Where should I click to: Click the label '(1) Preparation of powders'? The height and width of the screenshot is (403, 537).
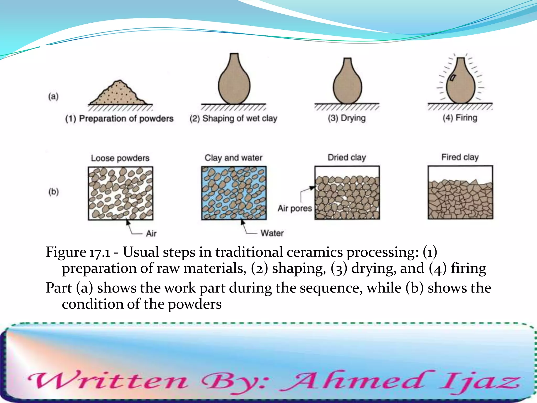point(119,119)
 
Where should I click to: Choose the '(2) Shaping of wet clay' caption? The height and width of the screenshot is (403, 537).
point(233,119)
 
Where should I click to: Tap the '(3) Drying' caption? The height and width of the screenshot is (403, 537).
point(347,118)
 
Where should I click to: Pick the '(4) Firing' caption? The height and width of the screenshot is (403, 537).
point(460,118)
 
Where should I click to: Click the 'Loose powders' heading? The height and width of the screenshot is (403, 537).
point(120,158)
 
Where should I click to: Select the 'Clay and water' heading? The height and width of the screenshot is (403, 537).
point(233,158)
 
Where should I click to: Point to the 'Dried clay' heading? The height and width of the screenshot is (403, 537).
point(347,157)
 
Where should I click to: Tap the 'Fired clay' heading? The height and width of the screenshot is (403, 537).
point(460,157)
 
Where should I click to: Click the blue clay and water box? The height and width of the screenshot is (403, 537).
point(234,193)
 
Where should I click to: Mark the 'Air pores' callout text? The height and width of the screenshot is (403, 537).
point(295,208)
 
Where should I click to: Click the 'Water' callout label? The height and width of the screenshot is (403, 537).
point(272,233)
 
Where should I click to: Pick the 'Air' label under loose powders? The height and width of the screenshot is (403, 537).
point(151,234)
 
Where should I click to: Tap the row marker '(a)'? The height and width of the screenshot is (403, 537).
point(53,97)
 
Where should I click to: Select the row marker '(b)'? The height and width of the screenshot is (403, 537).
point(53,192)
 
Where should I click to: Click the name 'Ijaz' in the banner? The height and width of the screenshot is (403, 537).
point(480,382)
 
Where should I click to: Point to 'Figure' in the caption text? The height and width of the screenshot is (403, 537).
point(66,252)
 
